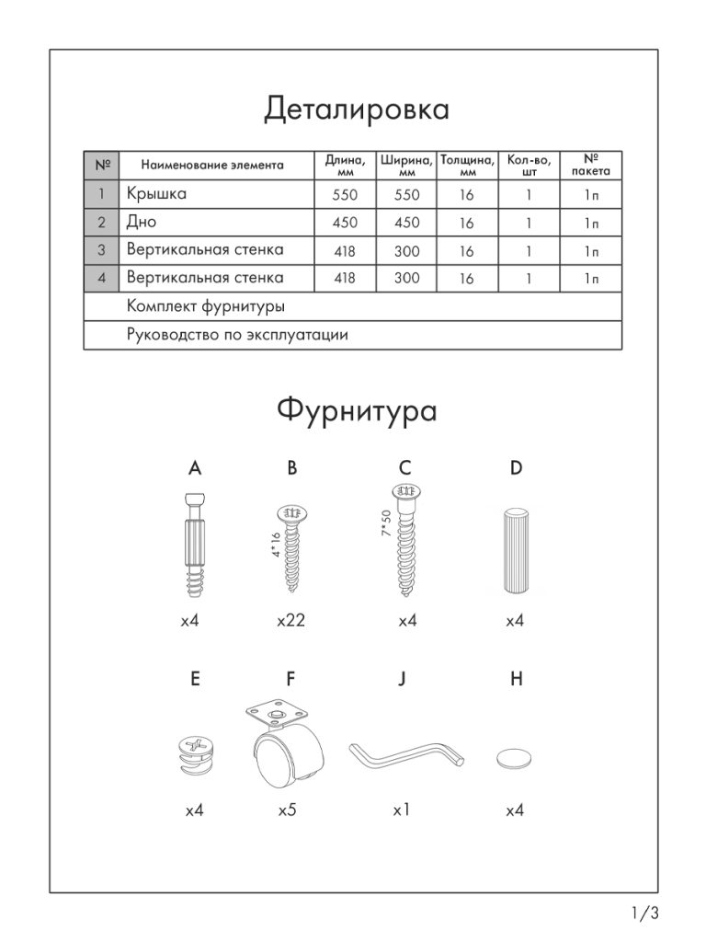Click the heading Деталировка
coord(357,109)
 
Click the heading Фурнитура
coord(357,410)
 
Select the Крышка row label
coord(156,194)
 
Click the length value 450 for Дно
coord(345,223)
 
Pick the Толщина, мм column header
coord(467,165)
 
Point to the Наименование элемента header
coord(212,166)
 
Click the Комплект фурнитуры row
coord(205,306)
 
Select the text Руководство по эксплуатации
coord(237,335)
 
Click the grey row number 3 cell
coord(102,250)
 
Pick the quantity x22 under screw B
coord(290,622)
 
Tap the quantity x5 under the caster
coord(290,811)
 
